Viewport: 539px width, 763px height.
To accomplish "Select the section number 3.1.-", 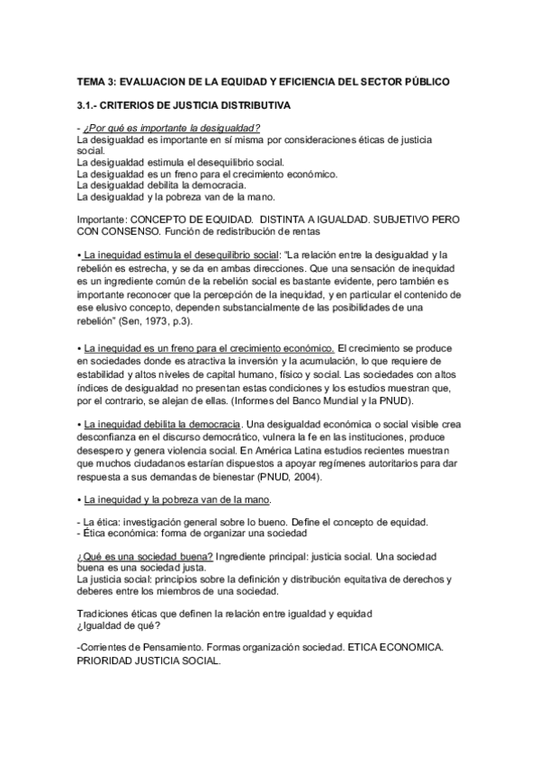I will tap(91, 105).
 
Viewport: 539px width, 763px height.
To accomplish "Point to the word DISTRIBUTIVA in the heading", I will tap(255, 105).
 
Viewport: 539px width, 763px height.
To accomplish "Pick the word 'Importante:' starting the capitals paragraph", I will tap(103, 219).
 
